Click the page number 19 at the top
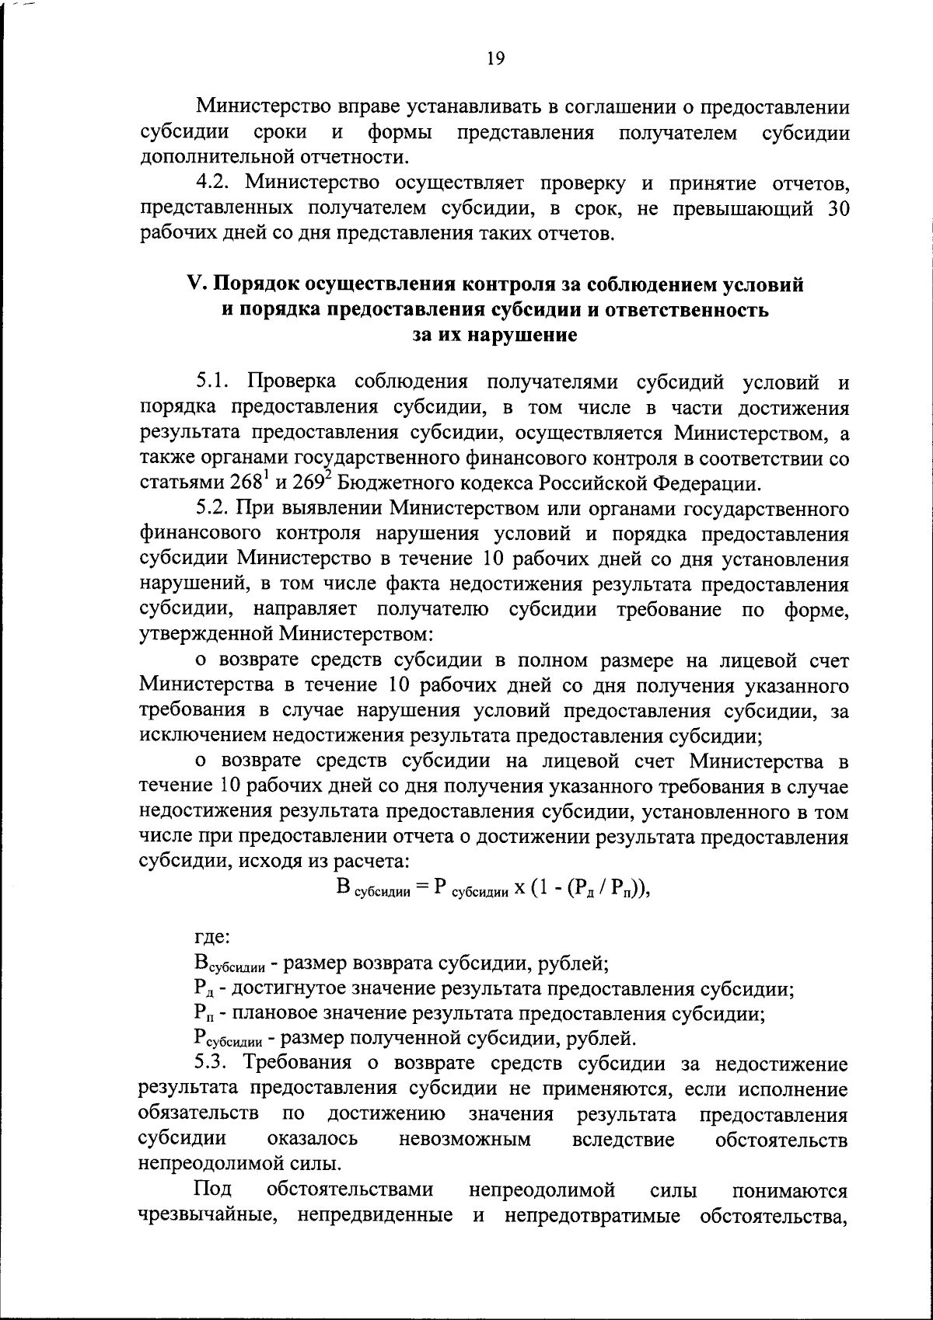(x=496, y=57)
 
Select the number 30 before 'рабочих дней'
(x=833, y=208)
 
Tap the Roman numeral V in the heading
(x=194, y=284)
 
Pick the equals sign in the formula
(x=421, y=887)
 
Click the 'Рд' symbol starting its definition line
(x=200, y=990)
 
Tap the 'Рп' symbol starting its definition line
(x=200, y=1014)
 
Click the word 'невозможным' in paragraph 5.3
(x=464, y=1139)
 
